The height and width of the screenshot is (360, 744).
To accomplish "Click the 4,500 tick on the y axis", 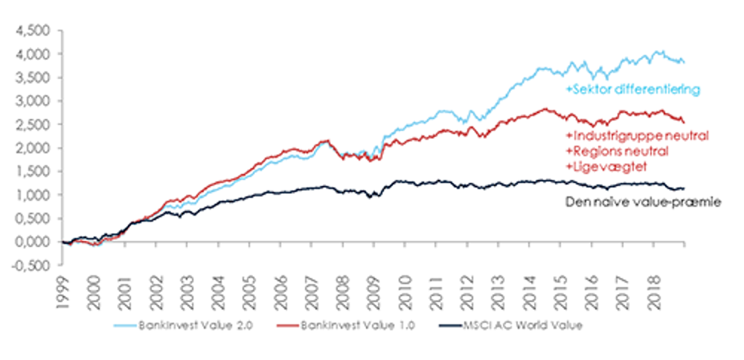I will (x=33, y=30).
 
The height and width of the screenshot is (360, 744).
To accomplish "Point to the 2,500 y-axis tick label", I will (x=33, y=124).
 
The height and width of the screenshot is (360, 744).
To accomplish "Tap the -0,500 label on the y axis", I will (x=31, y=265).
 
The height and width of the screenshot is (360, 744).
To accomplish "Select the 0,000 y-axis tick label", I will (x=33, y=242).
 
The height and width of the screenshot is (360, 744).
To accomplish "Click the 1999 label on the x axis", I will (x=65, y=284).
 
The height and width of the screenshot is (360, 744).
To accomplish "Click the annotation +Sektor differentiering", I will (x=632, y=90).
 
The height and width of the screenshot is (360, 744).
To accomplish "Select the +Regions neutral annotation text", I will (x=617, y=151).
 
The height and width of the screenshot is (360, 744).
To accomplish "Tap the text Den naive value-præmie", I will (x=641, y=201).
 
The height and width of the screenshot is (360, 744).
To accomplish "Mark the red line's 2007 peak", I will (x=326, y=140).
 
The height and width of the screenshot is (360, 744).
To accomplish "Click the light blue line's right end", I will (x=684, y=62).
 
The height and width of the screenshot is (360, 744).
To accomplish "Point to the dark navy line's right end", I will (x=684, y=189).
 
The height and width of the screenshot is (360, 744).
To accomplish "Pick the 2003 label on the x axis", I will (x=190, y=284).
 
